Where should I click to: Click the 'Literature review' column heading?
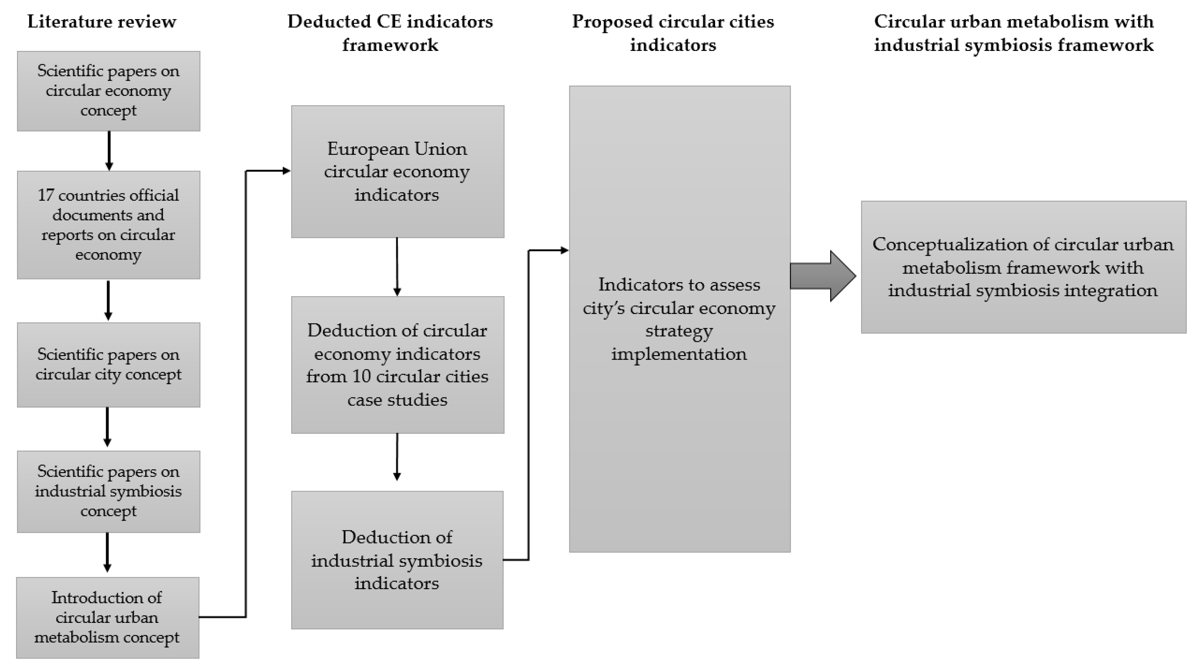point(101,22)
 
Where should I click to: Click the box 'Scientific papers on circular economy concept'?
point(108,91)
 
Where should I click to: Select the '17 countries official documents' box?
point(108,225)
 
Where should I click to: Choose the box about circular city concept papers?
point(108,365)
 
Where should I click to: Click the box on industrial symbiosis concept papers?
point(108,491)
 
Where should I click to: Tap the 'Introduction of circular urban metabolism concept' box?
point(108,617)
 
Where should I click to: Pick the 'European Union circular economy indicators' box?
point(397,171)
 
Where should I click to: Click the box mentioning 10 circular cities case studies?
point(397,365)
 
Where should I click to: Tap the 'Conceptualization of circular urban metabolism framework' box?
point(1023,267)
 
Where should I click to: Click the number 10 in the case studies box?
point(361,376)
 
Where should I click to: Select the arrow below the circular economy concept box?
point(109,151)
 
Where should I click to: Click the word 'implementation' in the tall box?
point(678,354)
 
